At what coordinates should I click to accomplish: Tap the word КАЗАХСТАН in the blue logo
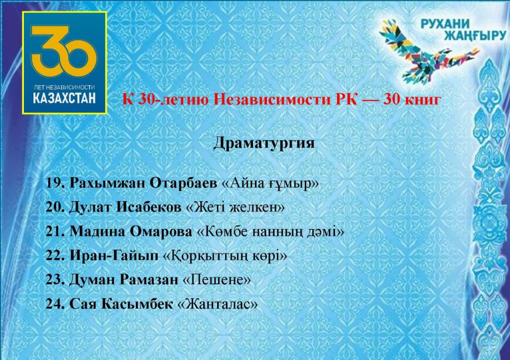coord(64,98)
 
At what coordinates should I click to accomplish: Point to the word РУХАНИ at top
coord(445,23)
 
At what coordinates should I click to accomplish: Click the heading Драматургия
coord(264,143)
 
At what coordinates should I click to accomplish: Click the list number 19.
coord(56,183)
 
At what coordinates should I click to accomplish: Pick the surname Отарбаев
coord(183,183)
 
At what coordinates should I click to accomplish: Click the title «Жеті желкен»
coord(235,207)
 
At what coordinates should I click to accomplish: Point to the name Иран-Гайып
coord(114,255)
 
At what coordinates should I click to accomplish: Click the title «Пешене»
coord(217,279)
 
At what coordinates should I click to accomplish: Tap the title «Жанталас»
coord(218,304)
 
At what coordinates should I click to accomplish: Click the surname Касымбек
coord(137,304)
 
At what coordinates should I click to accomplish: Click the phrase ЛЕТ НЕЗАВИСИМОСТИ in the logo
coord(64,87)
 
